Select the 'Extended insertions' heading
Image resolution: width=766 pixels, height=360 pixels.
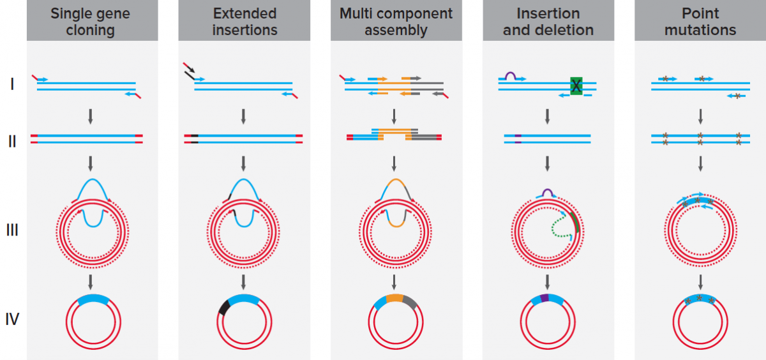click(x=244, y=21)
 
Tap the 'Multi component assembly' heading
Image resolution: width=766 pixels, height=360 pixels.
click(x=396, y=21)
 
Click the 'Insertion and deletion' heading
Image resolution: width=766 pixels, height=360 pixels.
click(x=548, y=21)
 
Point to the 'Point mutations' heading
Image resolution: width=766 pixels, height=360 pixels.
click(x=700, y=21)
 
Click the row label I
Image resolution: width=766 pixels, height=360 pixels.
click(x=12, y=83)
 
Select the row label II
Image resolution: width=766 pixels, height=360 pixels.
click(x=12, y=141)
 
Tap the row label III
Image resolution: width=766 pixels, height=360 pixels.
click(x=12, y=229)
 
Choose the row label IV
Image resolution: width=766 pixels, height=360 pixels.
click(x=12, y=317)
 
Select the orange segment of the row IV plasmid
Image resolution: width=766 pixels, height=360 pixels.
click(x=394, y=298)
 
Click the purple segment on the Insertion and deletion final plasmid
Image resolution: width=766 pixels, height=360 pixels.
click(x=544, y=298)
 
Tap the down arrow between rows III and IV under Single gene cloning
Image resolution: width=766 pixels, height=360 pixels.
click(x=91, y=281)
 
